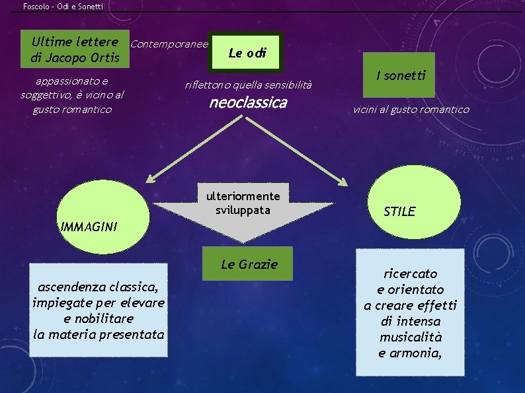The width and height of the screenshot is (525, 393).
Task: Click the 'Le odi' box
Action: tap(247, 53)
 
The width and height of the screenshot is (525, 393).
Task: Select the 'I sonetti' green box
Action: tap(401, 75)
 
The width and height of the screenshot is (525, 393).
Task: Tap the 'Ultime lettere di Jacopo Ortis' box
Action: tap(75, 50)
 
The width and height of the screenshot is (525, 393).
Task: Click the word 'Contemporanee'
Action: tap(170, 45)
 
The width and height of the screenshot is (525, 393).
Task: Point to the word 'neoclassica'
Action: tap(248, 102)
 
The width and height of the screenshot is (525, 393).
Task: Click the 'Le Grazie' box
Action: tap(249, 265)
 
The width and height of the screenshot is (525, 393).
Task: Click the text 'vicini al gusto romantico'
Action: tap(411, 110)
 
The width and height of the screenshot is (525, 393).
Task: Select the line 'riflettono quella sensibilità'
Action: tap(248, 85)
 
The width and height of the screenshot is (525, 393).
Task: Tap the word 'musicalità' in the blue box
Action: tap(410, 337)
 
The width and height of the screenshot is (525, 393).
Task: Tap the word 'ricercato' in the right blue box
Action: tap(411, 273)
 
